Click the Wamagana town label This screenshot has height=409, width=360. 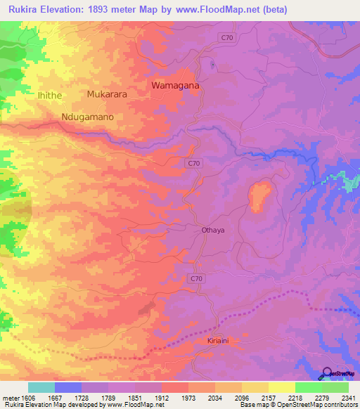[x=176, y=86]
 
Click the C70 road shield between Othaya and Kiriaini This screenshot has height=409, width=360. [x=197, y=279]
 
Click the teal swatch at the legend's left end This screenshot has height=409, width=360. [x=41, y=387]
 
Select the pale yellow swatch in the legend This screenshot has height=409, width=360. [x=281, y=387]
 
